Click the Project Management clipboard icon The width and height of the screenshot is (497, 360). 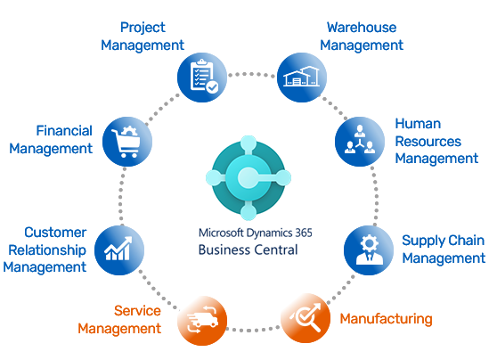[x=201, y=77]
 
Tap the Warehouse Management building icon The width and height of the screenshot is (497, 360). [x=301, y=77]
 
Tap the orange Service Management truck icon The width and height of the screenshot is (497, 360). [x=201, y=318]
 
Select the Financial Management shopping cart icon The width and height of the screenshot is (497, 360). [x=126, y=141]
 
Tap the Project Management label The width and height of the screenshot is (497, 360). [x=143, y=37]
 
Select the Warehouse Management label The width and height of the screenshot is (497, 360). [x=362, y=37]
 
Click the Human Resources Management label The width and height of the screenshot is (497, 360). [x=436, y=141]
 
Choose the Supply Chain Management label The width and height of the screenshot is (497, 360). [x=443, y=250]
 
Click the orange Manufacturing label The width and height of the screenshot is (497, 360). [x=386, y=318]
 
